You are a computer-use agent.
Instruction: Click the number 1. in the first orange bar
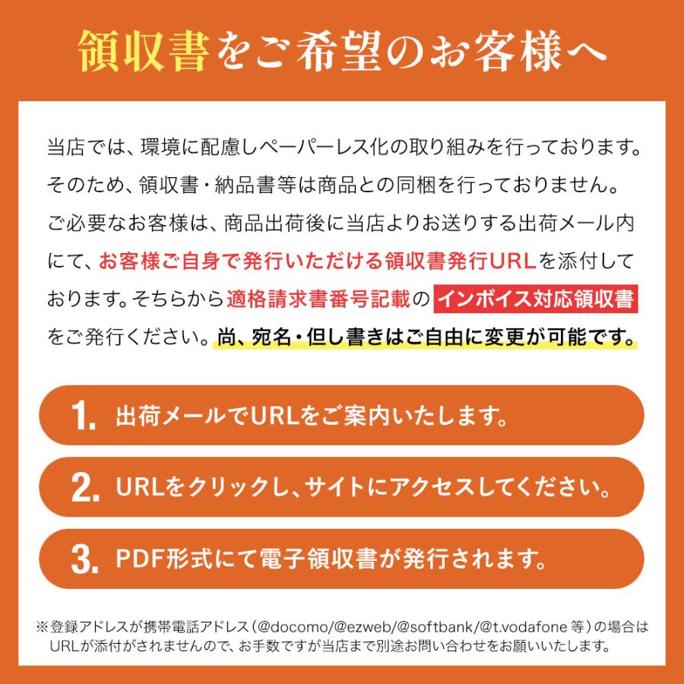84,416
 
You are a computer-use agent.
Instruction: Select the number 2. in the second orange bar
84,488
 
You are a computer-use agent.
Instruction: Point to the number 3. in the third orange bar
84,560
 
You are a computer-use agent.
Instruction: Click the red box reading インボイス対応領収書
536,299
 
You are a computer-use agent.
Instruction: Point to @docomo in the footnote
302,628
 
